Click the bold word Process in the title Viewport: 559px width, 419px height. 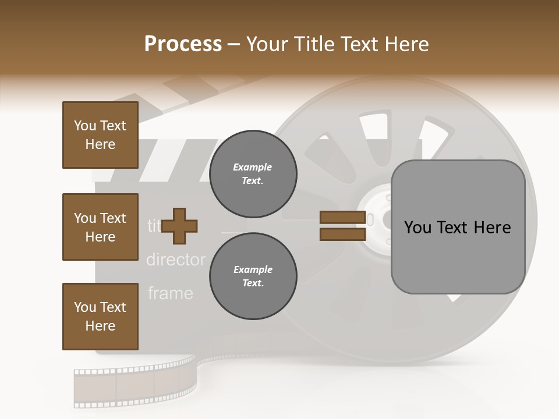tap(183, 44)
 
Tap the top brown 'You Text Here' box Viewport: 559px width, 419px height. tap(100, 135)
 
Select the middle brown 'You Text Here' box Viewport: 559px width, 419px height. tap(100, 227)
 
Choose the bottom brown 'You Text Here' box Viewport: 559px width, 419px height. tap(100, 317)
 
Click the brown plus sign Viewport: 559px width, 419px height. tap(179, 226)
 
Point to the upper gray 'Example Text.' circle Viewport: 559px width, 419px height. tap(253, 174)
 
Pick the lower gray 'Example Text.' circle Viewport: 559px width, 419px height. tap(253, 276)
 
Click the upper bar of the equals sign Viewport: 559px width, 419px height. tap(343, 218)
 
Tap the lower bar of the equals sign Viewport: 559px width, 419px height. tap(343, 235)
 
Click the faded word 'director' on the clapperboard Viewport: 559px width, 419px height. tap(175, 260)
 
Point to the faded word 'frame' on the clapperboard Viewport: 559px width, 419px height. tap(170, 293)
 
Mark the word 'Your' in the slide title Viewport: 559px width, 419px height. tap(268, 44)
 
